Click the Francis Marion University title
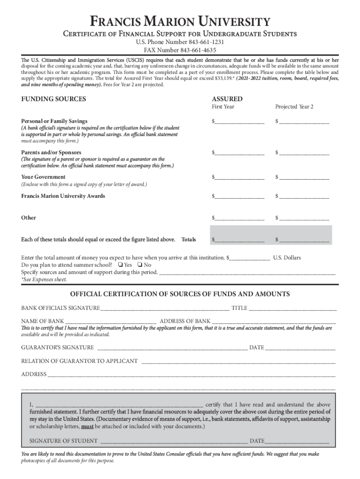[180, 22]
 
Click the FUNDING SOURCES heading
[54, 99]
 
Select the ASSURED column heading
[227, 99]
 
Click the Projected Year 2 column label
[294, 107]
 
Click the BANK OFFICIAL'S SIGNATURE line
[165, 308]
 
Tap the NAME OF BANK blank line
[111, 321]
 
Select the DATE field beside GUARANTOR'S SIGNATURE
[300, 348]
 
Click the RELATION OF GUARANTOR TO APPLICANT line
[238, 361]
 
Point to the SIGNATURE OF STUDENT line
[173, 441]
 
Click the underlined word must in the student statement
[86, 427]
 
